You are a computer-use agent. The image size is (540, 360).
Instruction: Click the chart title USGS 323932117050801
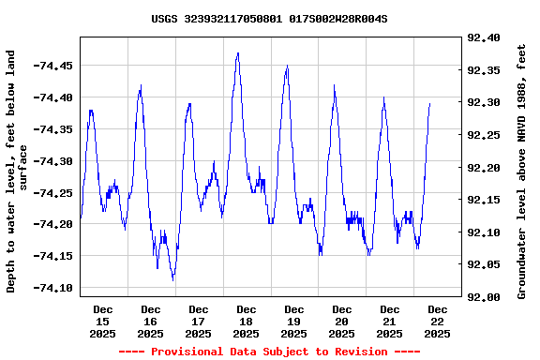click(x=269, y=19)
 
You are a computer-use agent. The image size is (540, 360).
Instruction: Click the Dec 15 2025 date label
click(x=103, y=321)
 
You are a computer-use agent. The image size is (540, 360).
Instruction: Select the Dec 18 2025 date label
click(x=247, y=321)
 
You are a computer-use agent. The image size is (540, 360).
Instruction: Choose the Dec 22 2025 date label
click(x=437, y=321)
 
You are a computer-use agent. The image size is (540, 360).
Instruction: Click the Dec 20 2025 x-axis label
click(x=341, y=321)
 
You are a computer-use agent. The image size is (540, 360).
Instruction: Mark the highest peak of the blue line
click(x=238, y=53)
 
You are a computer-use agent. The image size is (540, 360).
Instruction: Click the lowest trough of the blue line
click(x=172, y=279)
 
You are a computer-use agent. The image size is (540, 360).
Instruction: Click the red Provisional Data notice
click(x=270, y=352)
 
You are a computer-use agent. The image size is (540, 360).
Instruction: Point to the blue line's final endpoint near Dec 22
click(x=429, y=104)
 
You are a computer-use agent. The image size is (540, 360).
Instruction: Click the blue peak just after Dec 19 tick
click(x=287, y=66)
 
